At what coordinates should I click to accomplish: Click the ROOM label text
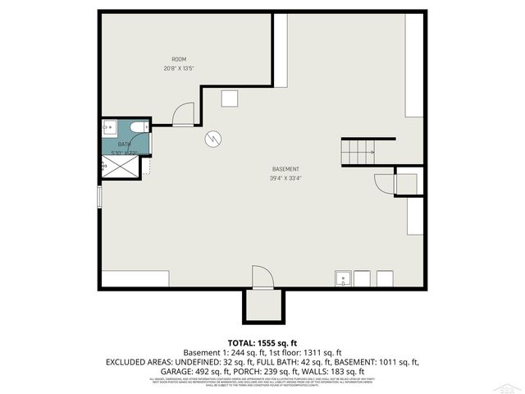click(x=178, y=59)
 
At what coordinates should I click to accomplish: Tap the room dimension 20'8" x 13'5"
click(x=178, y=68)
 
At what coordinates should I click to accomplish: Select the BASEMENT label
click(x=285, y=169)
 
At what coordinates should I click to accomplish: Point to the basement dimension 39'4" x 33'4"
click(x=285, y=178)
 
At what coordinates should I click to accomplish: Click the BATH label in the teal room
click(x=124, y=144)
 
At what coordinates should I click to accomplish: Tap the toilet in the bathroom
click(x=139, y=127)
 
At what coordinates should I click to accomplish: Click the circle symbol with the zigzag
click(x=212, y=139)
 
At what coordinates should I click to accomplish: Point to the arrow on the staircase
click(x=368, y=152)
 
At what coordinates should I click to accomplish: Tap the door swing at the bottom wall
click(x=261, y=277)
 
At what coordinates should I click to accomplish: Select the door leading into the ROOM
click(x=184, y=114)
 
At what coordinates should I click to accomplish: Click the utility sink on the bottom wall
click(x=343, y=279)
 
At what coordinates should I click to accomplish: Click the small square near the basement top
click(x=229, y=98)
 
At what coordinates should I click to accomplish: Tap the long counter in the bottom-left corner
click(x=135, y=279)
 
